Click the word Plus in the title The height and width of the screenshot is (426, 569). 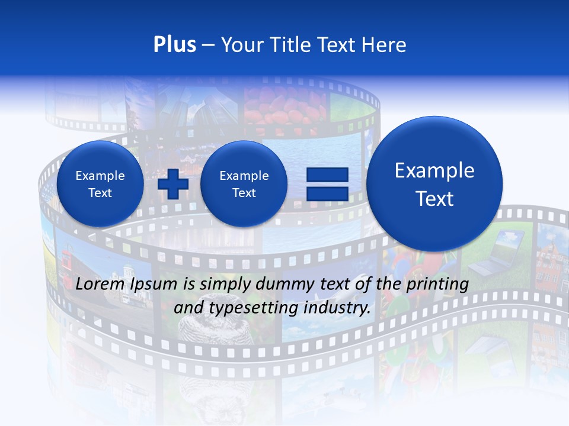point(174,45)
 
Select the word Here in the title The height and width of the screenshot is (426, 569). point(385,45)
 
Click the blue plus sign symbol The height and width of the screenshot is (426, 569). point(172,183)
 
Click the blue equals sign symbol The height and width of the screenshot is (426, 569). point(327,184)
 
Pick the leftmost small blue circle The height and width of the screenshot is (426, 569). point(100,184)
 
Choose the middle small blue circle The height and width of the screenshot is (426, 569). point(244,184)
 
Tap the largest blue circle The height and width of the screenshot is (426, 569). point(434,184)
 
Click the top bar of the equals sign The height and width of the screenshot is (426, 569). point(327,175)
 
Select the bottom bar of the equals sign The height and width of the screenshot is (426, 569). point(327,193)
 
